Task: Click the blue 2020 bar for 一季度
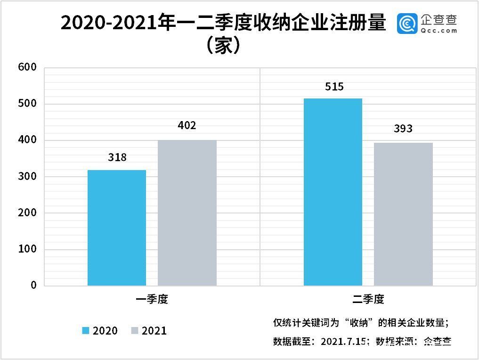[x=117, y=228]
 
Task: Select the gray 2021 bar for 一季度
[x=187, y=213]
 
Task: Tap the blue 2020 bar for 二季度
[x=333, y=192]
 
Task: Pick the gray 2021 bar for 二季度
[x=403, y=214]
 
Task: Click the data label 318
[x=117, y=157]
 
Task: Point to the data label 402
[x=187, y=126]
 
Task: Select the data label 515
[x=334, y=87]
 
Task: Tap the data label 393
[x=403, y=129]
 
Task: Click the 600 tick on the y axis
[x=27, y=67]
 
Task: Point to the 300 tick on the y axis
[x=27, y=177]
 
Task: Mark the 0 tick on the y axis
[x=33, y=285]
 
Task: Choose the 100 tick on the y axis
[x=27, y=249]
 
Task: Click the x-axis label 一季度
[x=152, y=299]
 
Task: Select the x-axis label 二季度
[x=368, y=299]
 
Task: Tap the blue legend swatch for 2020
[x=85, y=331]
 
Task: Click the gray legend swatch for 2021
[x=134, y=331]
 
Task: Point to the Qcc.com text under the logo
[x=439, y=31]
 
